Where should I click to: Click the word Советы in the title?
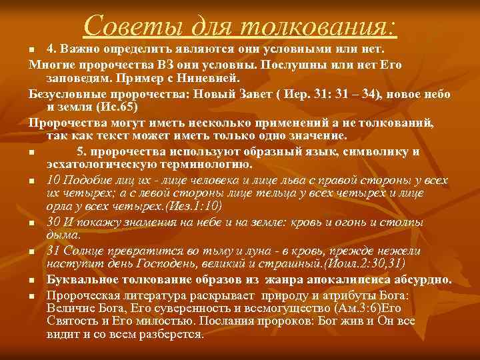[125, 26]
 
